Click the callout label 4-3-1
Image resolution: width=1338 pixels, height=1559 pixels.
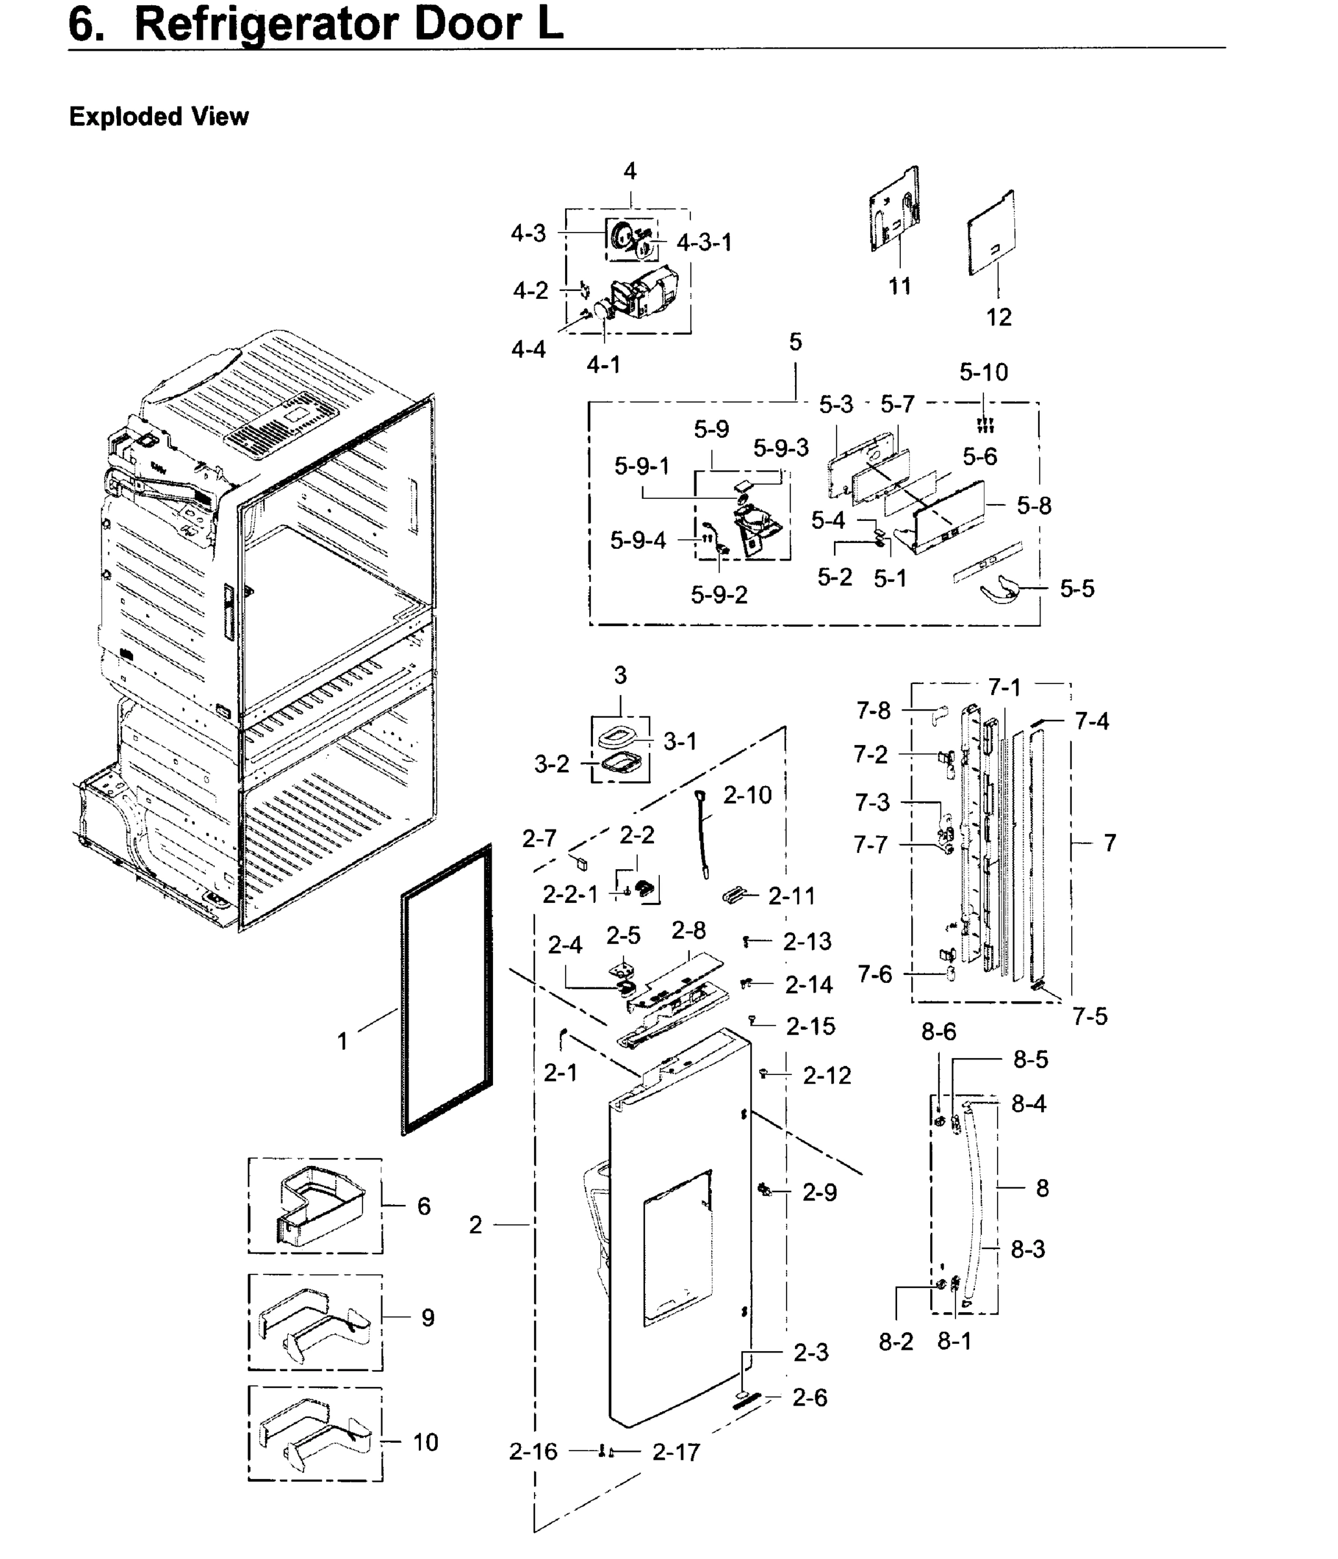703,242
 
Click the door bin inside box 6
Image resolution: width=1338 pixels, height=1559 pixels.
320,1206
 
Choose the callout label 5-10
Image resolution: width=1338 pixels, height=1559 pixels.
983,372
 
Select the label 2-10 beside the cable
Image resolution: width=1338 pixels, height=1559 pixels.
747,794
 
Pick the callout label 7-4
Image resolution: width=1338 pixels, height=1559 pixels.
1092,721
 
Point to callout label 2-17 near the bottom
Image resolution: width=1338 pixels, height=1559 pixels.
675,1451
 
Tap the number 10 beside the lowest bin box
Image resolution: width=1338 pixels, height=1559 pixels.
425,1442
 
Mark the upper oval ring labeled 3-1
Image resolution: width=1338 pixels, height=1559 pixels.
618,733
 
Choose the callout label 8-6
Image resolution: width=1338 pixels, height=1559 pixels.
939,1032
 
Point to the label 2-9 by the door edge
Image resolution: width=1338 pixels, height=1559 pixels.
819,1192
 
